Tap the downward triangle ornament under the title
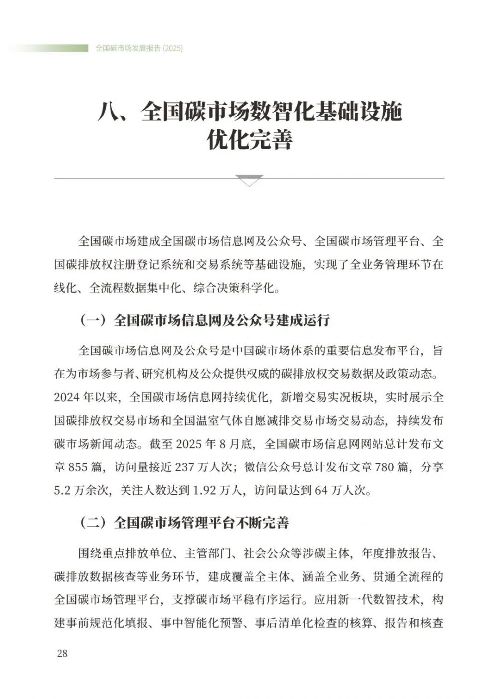pyautogui.click(x=249, y=181)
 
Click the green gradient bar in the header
pyautogui.click(x=50, y=48)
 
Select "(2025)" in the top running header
pyautogui.click(x=173, y=48)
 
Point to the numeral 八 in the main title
pyautogui.click(x=109, y=113)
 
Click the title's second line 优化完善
pyautogui.click(x=249, y=140)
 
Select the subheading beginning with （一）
pyautogui.click(x=204, y=320)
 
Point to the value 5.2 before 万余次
pyautogui.click(x=63, y=490)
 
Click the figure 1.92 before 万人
pyautogui.click(x=205, y=490)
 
